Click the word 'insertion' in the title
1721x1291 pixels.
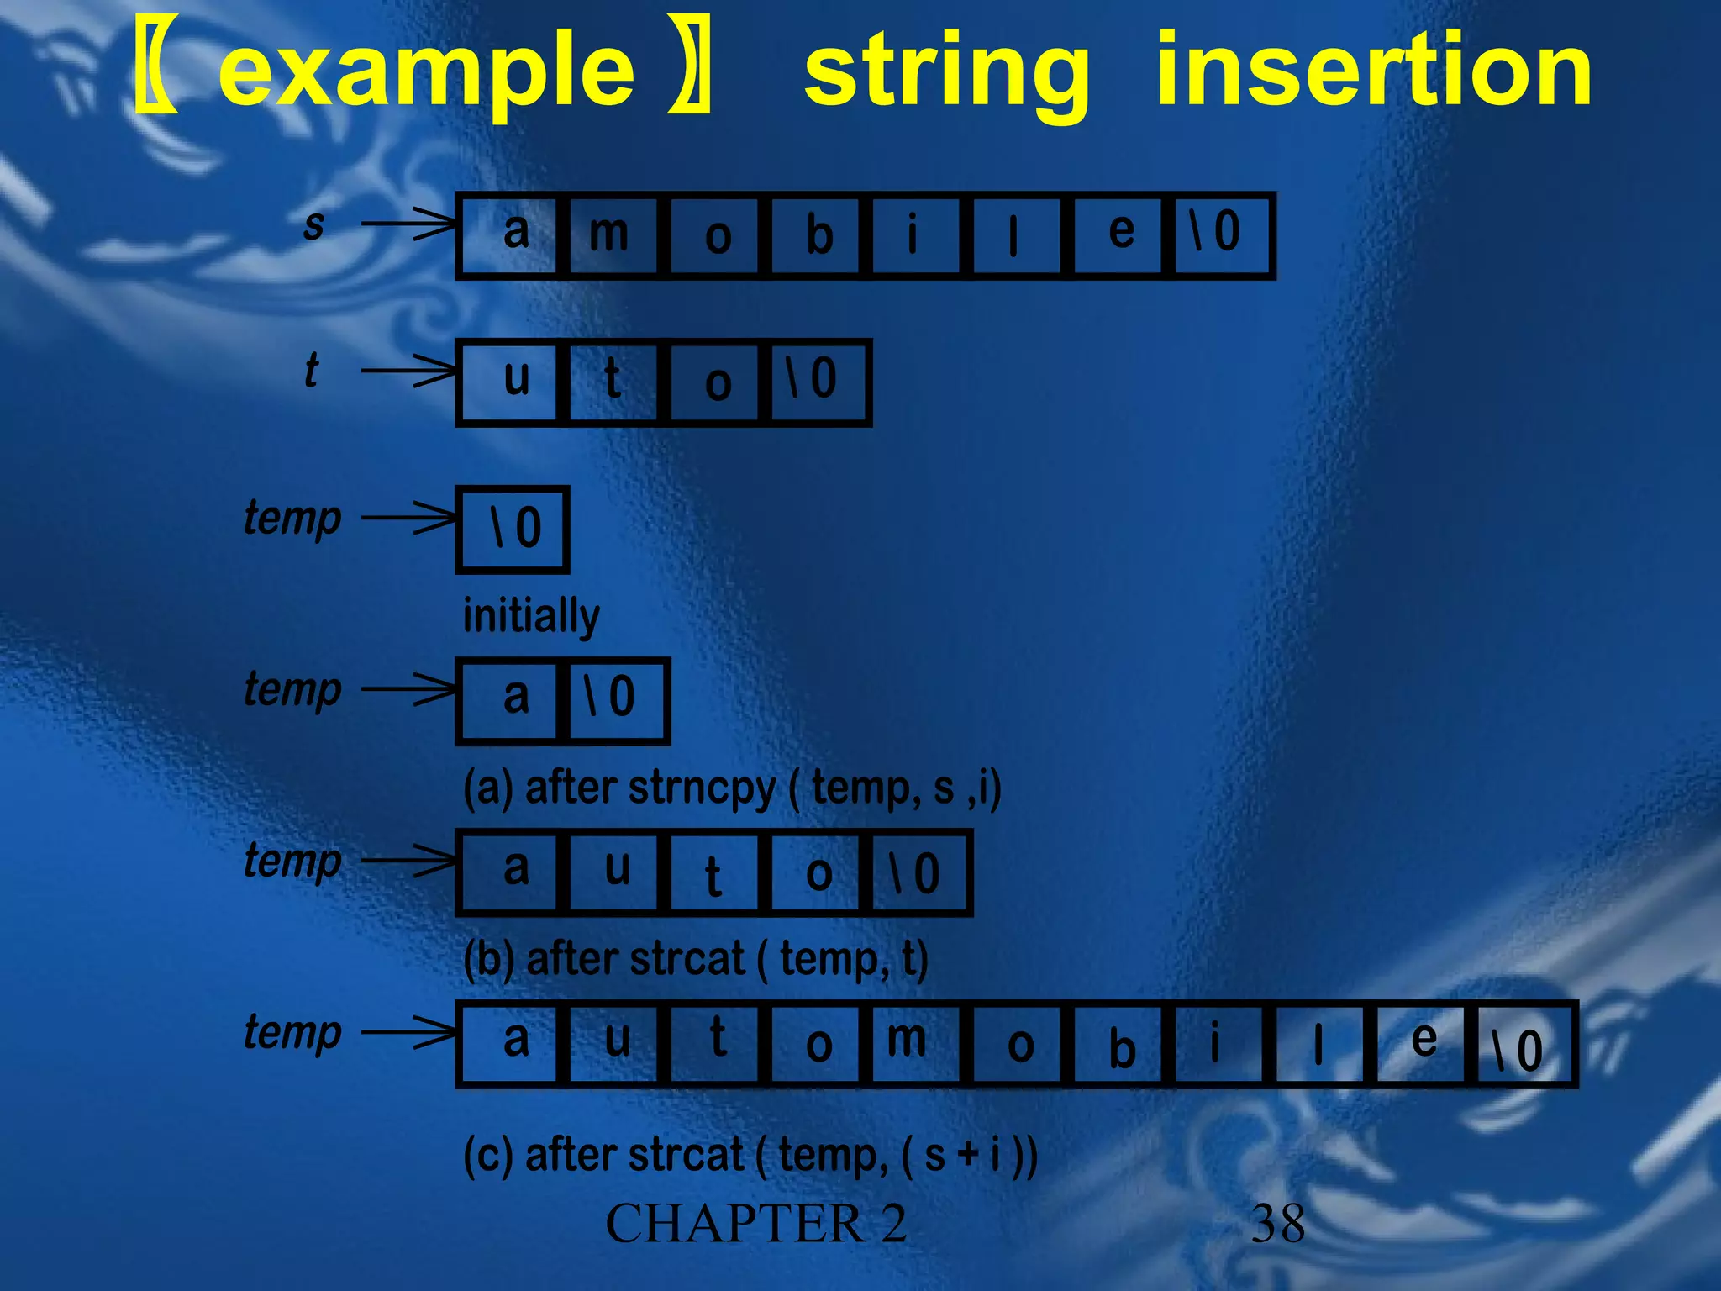click(x=1373, y=71)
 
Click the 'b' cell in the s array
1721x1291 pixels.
click(x=818, y=235)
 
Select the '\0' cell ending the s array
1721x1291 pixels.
click(x=1218, y=235)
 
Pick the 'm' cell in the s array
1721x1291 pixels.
click(x=610, y=235)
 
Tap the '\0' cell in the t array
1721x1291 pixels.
click(x=815, y=382)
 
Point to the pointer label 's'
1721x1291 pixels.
click(x=313, y=225)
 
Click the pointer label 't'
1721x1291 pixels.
click(x=311, y=371)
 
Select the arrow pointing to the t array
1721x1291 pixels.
click(x=408, y=371)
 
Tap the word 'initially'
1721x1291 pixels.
click(x=531, y=616)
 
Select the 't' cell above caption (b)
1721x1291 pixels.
click(x=714, y=873)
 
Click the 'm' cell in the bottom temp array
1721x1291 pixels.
click(x=908, y=1044)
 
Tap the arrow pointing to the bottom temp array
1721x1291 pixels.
click(x=408, y=1032)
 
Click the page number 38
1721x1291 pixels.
click(x=1277, y=1224)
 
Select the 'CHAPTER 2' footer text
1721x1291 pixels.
click(x=755, y=1224)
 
